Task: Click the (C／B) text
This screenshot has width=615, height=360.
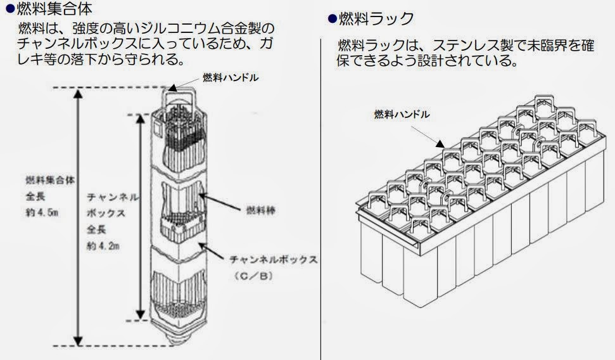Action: [251, 277]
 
